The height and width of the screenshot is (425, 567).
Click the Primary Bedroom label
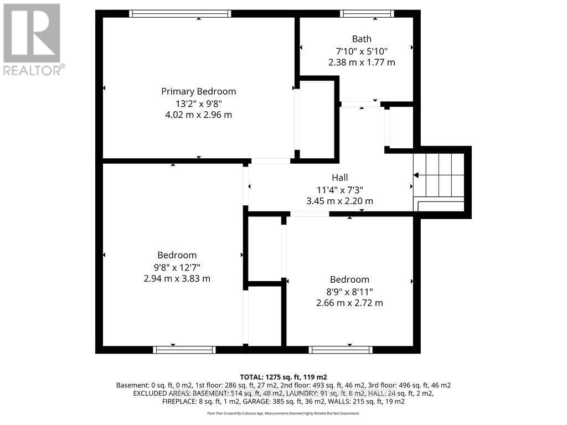198,91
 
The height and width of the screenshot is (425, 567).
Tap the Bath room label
362,39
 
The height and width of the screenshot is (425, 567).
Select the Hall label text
339,178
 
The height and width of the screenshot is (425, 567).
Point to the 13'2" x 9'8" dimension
198,103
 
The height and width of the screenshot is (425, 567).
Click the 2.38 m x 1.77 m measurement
362,63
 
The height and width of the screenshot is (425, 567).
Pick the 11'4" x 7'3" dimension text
339,189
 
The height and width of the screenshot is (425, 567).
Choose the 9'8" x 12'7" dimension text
177,267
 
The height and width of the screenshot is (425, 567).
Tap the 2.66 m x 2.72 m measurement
349,303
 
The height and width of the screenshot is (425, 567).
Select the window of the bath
367,14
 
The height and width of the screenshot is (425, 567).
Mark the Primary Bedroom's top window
180,14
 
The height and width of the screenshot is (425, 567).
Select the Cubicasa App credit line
283,413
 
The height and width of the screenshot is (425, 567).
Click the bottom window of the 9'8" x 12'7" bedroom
184,350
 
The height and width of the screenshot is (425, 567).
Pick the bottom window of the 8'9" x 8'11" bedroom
341,350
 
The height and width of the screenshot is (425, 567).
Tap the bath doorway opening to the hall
360,104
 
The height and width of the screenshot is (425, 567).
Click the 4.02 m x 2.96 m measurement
198,115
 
